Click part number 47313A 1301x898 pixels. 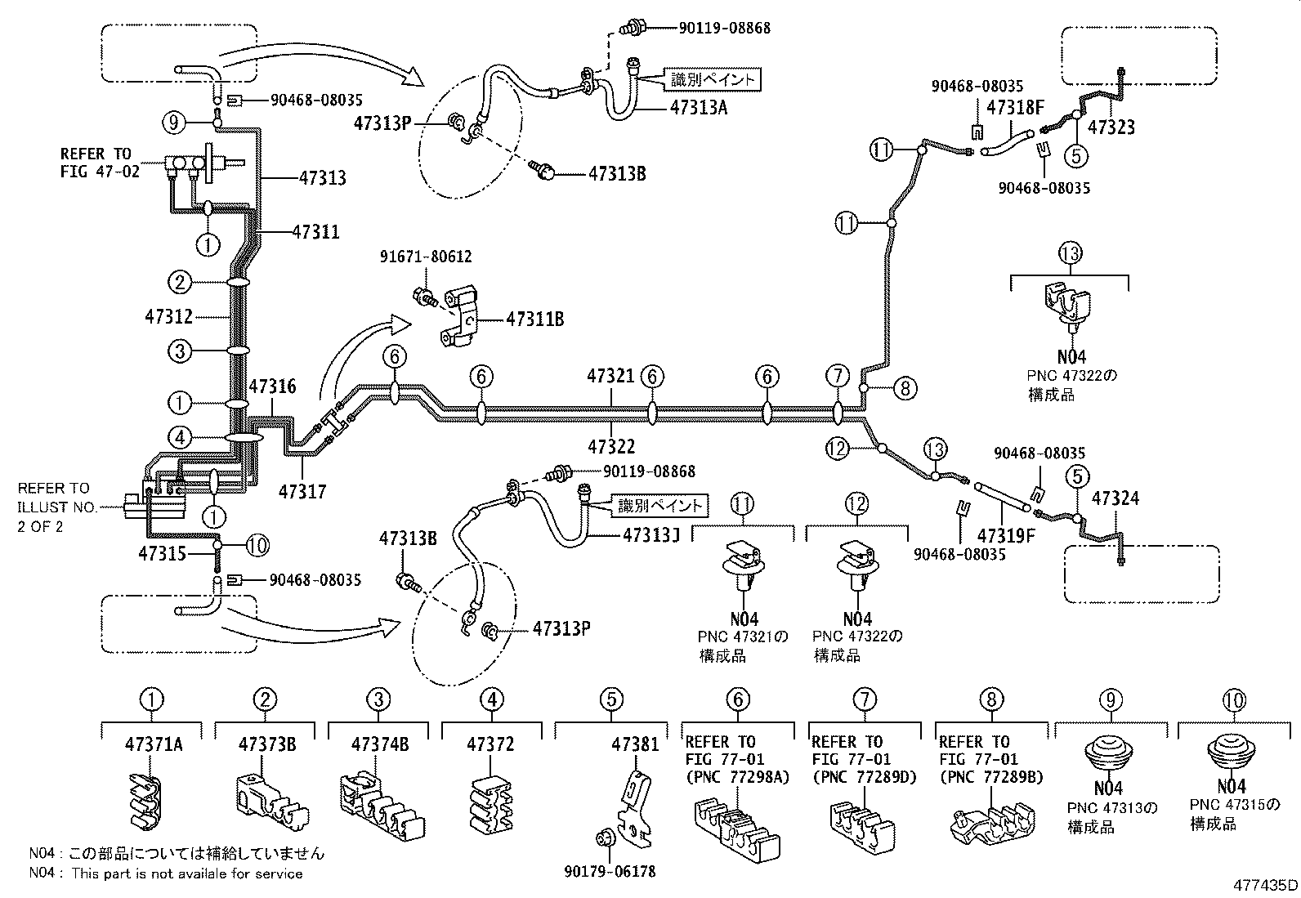698,106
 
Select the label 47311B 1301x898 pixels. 534,319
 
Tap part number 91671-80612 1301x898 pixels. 426,257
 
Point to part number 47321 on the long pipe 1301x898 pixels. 610,376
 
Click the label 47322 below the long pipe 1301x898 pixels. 610,447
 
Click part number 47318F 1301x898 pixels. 1015,106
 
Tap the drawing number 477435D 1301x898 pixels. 1266,884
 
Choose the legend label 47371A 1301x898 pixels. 154,744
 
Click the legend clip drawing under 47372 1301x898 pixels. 490,807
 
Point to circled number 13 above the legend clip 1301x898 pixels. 1070,253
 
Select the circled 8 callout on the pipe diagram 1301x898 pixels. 905,388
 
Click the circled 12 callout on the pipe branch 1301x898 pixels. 838,447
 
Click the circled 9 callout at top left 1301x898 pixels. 173,123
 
